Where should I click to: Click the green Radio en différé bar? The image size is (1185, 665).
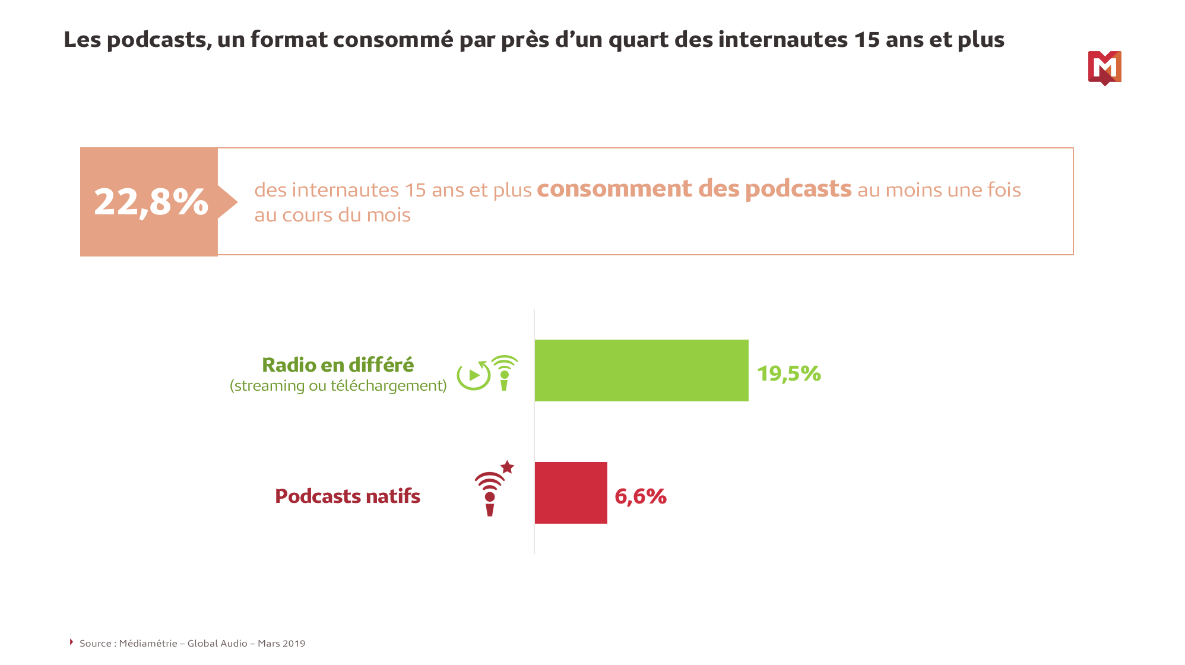click(641, 370)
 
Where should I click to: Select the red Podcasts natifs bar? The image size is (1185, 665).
click(571, 493)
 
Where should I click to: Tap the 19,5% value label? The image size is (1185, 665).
click(788, 373)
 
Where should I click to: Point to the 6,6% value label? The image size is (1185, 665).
click(640, 496)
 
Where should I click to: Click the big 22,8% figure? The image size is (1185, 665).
click(151, 202)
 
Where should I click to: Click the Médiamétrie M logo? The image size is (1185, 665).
click(1104, 68)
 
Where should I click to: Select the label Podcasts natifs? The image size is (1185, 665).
click(347, 496)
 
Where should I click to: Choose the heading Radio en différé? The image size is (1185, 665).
click(338, 365)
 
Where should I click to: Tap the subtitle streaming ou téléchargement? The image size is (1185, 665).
click(338, 386)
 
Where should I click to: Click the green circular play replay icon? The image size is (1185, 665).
click(473, 375)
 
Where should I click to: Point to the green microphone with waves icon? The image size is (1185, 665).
click(505, 373)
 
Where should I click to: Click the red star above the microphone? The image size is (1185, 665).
click(507, 467)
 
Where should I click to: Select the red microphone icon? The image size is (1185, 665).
click(490, 496)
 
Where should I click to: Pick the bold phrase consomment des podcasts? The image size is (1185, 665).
click(693, 189)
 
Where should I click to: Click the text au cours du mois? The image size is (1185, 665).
click(332, 215)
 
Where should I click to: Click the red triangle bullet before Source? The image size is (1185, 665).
click(71, 642)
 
